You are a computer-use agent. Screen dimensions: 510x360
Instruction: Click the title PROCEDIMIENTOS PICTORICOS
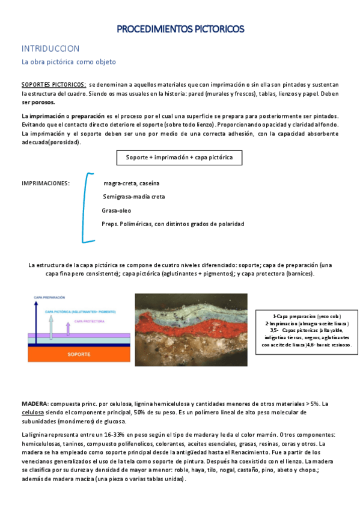click(x=180, y=28)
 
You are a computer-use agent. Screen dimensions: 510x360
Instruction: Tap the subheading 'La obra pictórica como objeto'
click(x=69, y=62)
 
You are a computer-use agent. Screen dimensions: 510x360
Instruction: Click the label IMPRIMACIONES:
click(x=46, y=183)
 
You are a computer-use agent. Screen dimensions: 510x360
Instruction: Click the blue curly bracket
click(x=88, y=207)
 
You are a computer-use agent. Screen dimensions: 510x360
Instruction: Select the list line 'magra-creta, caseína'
click(x=132, y=183)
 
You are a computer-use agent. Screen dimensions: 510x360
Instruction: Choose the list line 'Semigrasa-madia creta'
click(x=134, y=197)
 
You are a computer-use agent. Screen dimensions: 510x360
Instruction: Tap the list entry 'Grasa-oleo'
click(x=116, y=210)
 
